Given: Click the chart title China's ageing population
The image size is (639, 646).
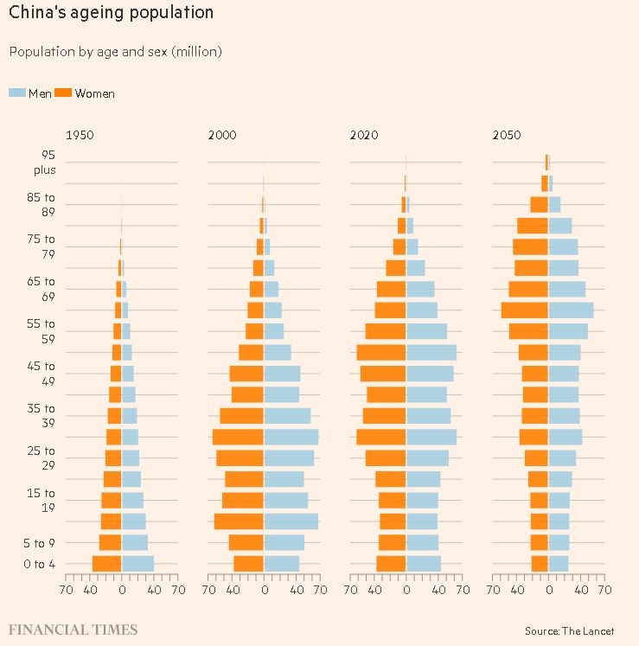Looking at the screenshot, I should [x=112, y=13].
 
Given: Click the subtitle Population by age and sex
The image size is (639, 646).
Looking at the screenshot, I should [x=115, y=52].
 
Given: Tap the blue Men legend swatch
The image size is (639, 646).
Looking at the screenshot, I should [x=17, y=93].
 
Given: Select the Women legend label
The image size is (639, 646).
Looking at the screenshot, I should [x=95, y=93].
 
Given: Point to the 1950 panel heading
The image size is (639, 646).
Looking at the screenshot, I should [x=80, y=135].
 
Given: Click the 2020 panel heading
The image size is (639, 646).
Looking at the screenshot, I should [x=364, y=135].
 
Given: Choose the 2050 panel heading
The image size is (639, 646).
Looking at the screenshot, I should [x=507, y=135].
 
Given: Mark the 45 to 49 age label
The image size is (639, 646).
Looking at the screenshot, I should [x=41, y=374].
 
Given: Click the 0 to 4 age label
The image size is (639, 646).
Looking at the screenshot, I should [x=40, y=565].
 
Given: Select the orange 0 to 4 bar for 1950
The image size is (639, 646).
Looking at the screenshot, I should [x=106, y=564].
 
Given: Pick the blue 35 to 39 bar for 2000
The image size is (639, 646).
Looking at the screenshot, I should [x=287, y=416].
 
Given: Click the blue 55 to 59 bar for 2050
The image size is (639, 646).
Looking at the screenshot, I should [x=568, y=331].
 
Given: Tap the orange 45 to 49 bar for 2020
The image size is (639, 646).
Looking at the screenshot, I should [x=383, y=374].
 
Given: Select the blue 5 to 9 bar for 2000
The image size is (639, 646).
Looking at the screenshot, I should [x=284, y=542].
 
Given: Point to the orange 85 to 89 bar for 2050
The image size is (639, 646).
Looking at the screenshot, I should [x=539, y=204].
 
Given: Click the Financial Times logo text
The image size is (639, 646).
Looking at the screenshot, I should [x=73, y=630].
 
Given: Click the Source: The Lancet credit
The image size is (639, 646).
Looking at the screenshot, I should [x=569, y=631].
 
